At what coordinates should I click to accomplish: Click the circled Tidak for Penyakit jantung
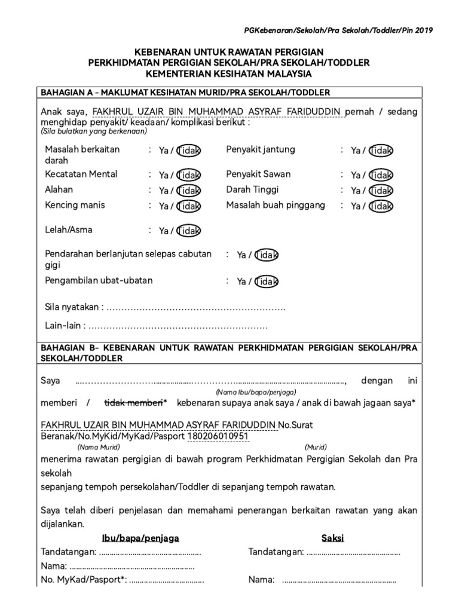[x=381, y=151]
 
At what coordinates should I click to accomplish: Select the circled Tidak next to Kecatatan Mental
[x=189, y=175]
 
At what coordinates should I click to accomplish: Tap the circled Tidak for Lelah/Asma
[x=189, y=231]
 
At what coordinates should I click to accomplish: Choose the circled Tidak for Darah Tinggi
[x=381, y=191]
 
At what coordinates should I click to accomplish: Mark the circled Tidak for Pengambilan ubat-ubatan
[x=266, y=281]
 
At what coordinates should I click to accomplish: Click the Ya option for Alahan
[x=164, y=191]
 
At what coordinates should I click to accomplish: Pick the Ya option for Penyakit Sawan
[x=356, y=175]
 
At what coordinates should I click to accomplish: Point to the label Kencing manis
[x=75, y=205]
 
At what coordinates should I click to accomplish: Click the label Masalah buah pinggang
[x=276, y=205]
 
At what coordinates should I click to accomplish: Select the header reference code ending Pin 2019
[x=339, y=30]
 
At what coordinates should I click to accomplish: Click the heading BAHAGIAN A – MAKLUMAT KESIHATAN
[x=185, y=93]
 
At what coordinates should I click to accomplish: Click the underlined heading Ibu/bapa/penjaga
[x=140, y=538]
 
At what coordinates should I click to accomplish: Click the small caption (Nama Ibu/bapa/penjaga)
[x=256, y=391]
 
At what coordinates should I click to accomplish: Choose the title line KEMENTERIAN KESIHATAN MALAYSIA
[x=229, y=74]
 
